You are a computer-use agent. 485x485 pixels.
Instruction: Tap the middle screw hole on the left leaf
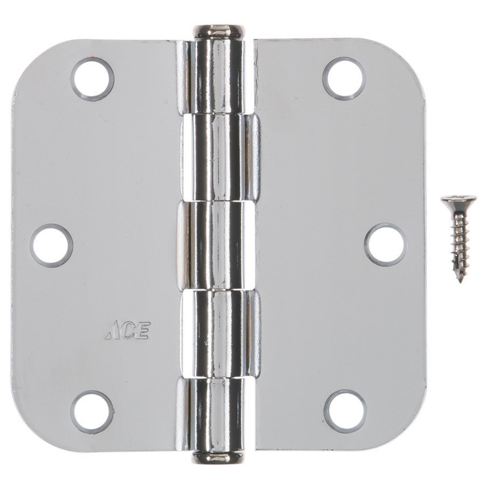click(51, 245)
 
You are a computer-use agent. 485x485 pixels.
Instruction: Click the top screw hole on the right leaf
click(344, 79)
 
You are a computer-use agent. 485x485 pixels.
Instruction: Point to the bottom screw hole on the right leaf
click(345, 411)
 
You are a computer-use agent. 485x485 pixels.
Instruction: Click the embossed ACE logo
click(128, 330)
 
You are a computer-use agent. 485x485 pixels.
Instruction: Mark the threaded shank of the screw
click(458, 239)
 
